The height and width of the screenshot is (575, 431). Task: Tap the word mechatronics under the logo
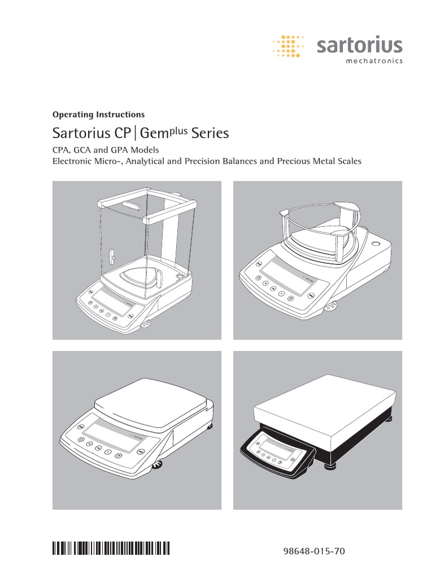[373, 61]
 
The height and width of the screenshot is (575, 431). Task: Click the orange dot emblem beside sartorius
[290, 46]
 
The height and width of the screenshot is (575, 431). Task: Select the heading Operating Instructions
[98, 115]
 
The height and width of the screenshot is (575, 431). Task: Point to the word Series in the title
[210, 134]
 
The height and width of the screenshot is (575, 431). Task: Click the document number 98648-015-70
[315, 552]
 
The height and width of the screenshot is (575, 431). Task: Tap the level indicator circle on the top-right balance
[374, 244]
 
